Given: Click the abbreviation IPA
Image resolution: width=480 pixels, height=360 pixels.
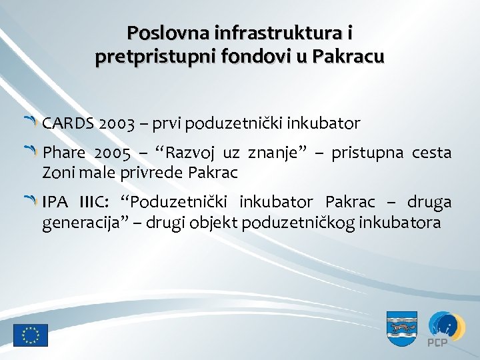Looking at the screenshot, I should [56, 202].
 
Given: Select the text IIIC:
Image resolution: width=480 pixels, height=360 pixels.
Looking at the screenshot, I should [99, 202].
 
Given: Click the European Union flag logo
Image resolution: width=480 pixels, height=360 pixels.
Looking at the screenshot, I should [30, 335].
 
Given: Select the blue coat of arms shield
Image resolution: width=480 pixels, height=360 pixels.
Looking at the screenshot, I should [402, 328].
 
